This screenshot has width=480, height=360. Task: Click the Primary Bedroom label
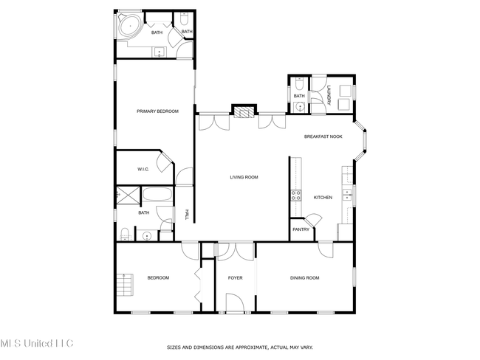tap(157, 111)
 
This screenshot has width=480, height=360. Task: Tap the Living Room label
tap(244, 177)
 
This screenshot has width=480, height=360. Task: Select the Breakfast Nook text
tap(323, 136)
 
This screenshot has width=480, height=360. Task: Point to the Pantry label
tap(301, 229)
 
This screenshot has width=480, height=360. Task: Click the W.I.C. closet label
tap(143, 169)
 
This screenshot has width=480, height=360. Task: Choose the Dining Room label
tap(304, 277)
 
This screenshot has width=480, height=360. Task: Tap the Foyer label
tap(235, 277)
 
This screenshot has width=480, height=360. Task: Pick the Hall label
tap(187, 215)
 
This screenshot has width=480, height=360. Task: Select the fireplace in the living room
tap(244, 112)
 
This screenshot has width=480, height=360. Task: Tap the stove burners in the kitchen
tap(295, 195)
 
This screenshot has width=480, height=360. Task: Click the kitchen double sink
tap(347, 195)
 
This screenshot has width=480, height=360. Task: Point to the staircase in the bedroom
tap(125, 285)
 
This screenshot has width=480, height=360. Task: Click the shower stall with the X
tap(128, 195)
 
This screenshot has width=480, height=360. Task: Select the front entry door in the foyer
tap(235, 302)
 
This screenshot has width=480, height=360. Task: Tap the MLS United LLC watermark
tap(37, 343)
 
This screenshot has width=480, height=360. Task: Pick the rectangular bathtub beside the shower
tap(157, 195)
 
